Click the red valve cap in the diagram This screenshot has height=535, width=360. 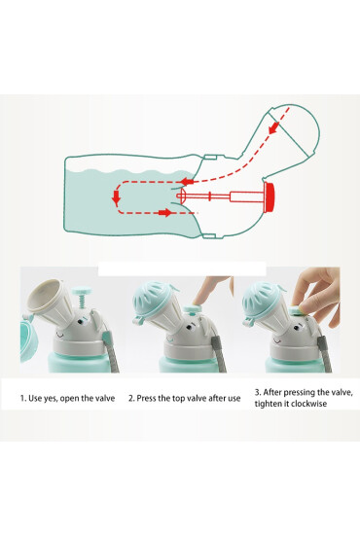click(270, 197)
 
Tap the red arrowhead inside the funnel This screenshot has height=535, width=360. click(273, 128)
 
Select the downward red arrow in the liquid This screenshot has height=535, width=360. click(117, 197)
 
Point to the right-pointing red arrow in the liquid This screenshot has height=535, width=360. click(165, 213)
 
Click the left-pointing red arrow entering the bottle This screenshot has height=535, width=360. click(187, 181)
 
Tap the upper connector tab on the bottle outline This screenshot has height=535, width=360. click(210, 158)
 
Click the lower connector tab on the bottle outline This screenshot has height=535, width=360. click(209, 235)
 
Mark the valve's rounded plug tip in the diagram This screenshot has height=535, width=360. click(182, 196)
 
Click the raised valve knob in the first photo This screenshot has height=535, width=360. click(82, 291)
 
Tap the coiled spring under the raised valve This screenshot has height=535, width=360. click(83, 302)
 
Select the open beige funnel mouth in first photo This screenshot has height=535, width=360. click(44, 296)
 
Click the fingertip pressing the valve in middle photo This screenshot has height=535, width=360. click(198, 302)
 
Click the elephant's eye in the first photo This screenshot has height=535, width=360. click(80, 321)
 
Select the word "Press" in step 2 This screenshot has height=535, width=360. click(146, 398)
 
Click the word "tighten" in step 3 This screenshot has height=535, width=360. click(268, 404)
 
